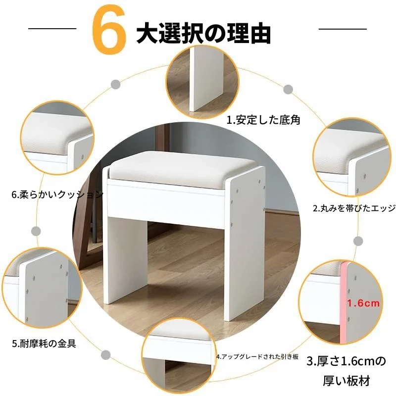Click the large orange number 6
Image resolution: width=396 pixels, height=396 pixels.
[x=108, y=29]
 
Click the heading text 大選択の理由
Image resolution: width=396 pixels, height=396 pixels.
[x=203, y=33]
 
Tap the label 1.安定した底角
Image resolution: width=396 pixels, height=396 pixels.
[x=263, y=120]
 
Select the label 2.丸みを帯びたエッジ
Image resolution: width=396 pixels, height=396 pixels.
[x=354, y=208]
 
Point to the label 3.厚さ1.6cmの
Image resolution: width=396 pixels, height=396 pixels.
[x=346, y=361]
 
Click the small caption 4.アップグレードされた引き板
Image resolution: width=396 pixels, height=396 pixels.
[x=257, y=356]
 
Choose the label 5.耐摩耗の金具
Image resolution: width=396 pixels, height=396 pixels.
[x=44, y=344]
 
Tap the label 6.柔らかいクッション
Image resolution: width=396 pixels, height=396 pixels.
[x=57, y=195]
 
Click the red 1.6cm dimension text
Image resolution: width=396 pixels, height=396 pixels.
[x=363, y=303]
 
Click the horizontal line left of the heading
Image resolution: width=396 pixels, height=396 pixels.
[x=52, y=29]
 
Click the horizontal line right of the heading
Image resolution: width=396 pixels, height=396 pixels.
[x=343, y=29]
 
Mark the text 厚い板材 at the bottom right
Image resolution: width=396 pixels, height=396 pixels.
[x=346, y=381]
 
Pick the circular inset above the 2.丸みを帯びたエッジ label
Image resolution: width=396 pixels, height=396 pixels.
[x=352, y=158]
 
